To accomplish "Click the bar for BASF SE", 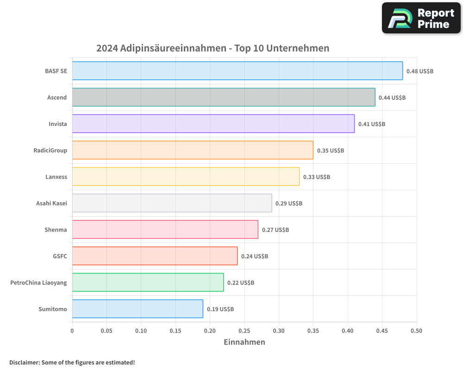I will tap(237, 71).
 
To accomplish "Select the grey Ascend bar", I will tap(224, 97).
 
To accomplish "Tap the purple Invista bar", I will tap(213, 124).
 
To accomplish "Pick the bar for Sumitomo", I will tap(138, 309).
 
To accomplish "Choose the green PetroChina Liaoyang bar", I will tap(148, 282).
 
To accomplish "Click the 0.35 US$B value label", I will tap(330, 151).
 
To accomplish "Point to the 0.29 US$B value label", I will tap(288, 204).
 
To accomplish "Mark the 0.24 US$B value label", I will tap(254, 256).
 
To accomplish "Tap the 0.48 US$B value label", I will tap(419, 71).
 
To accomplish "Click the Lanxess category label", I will tap(56, 177).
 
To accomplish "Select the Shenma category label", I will tap(56, 230).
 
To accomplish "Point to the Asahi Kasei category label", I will tap(51, 204).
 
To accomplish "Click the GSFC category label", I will tap(60, 256).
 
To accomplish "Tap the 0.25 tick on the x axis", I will tap(244, 331).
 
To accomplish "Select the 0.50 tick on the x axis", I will tap(416, 331).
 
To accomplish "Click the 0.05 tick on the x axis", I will tap(106, 331).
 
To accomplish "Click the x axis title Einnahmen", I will tap(244, 342).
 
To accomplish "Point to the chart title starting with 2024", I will tap(213, 48).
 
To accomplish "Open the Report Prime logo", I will tap(421, 18).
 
